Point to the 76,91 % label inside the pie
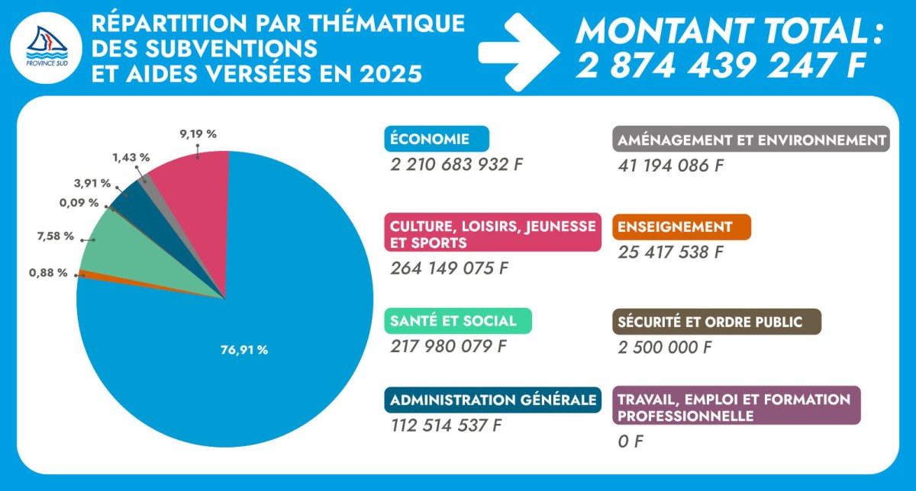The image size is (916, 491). (244, 350)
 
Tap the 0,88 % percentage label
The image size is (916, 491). (47, 273)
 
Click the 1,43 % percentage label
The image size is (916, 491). (131, 157)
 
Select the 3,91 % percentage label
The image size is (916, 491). (92, 184)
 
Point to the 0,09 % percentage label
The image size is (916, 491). (79, 203)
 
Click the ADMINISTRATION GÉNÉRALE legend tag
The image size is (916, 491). (492, 400)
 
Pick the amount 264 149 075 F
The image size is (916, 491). (449, 268)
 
